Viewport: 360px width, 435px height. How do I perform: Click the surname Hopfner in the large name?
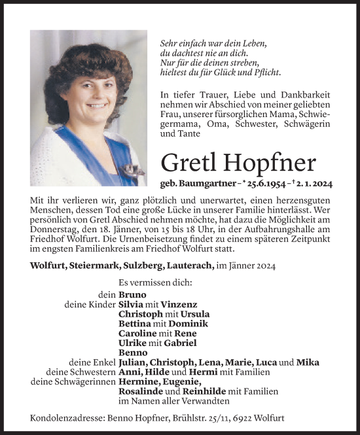pyautogui.click(x=279, y=162)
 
